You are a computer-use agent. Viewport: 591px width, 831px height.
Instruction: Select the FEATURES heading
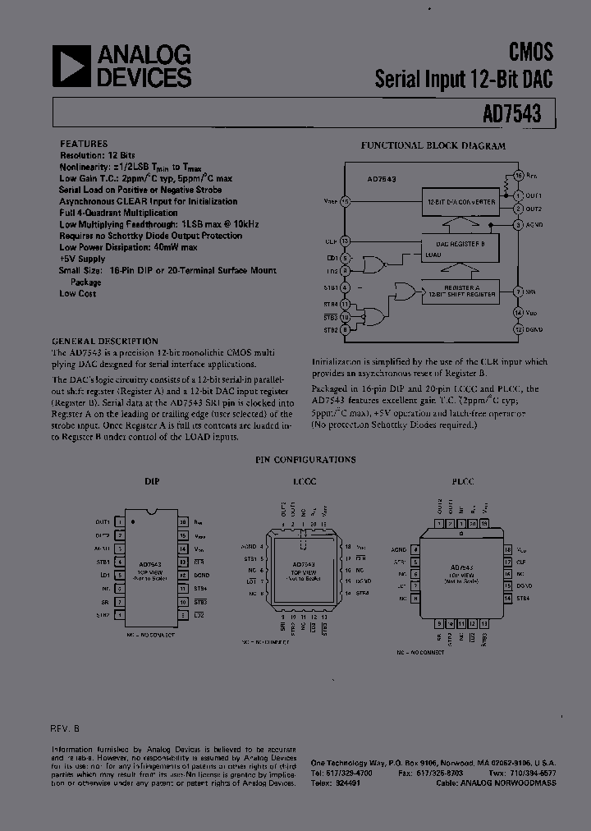(x=84, y=143)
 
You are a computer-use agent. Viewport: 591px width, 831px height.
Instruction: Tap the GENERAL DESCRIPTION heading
(x=105, y=341)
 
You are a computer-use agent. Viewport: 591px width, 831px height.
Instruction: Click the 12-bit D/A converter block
(x=460, y=201)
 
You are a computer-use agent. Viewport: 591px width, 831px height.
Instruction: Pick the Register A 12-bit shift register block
(x=460, y=292)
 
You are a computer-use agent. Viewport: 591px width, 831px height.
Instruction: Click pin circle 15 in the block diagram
(x=345, y=201)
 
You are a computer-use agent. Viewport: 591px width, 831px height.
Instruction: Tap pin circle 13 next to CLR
(x=345, y=241)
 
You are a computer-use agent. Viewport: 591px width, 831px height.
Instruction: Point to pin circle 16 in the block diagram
(x=518, y=176)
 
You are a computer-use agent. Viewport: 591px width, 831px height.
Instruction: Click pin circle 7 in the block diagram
(x=518, y=292)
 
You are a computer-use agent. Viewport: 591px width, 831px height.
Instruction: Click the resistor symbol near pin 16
(x=506, y=187)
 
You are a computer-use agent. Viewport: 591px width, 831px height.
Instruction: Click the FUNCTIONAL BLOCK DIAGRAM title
(x=433, y=145)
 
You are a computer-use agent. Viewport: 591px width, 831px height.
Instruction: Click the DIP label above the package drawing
(x=152, y=482)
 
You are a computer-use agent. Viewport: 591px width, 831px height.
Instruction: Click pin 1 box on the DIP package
(x=120, y=522)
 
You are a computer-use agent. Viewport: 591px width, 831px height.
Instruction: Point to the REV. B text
(x=65, y=728)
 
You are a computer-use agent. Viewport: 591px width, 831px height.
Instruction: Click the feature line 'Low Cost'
(x=77, y=293)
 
